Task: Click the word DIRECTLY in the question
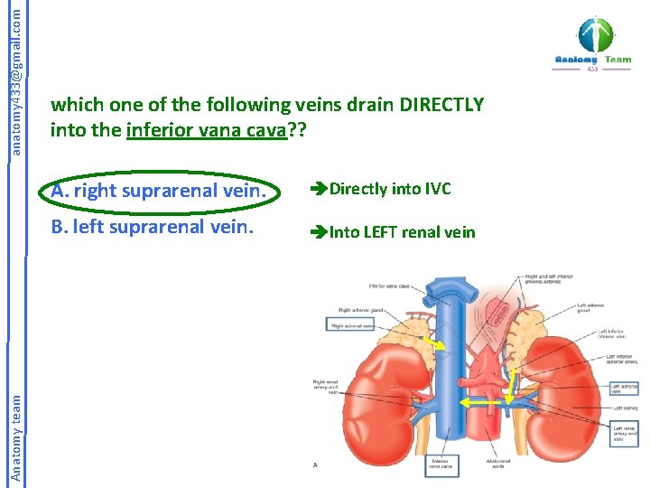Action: (x=434, y=105)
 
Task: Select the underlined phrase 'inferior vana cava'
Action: (x=206, y=130)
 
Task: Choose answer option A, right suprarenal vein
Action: (x=160, y=191)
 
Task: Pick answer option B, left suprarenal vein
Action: (x=152, y=226)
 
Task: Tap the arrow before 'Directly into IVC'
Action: (x=319, y=190)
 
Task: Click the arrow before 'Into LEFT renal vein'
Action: (x=319, y=232)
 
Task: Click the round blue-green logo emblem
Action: (x=595, y=34)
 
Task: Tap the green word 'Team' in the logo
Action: (x=618, y=60)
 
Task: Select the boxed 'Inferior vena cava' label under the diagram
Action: (x=441, y=465)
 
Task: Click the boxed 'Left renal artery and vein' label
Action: (x=625, y=434)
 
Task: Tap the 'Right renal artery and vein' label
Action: (x=325, y=386)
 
